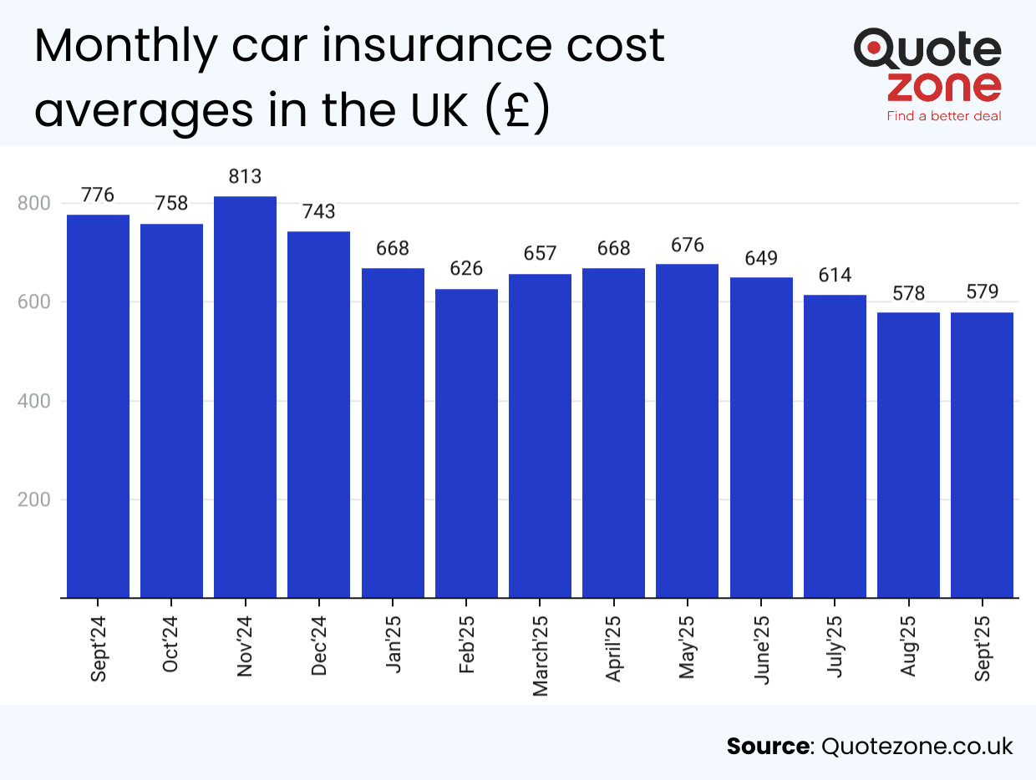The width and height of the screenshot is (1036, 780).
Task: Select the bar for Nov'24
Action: [x=245, y=397]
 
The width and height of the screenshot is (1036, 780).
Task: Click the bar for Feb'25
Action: [x=466, y=443]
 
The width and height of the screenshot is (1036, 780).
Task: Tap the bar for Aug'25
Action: [x=908, y=455]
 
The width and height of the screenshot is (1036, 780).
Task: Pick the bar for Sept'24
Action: [x=98, y=406]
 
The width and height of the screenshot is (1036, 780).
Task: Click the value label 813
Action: [x=245, y=177]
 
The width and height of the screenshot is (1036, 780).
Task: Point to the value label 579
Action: [x=982, y=293]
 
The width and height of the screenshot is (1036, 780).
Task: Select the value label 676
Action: [x=687, y=246]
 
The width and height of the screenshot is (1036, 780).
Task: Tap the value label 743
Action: [x=318, y=212]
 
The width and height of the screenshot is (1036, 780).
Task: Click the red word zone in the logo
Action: [x=943, y=86]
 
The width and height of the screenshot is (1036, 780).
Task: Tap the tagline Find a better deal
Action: [x=943, y=116]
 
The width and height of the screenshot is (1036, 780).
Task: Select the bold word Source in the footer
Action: [x=768, y=746]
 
